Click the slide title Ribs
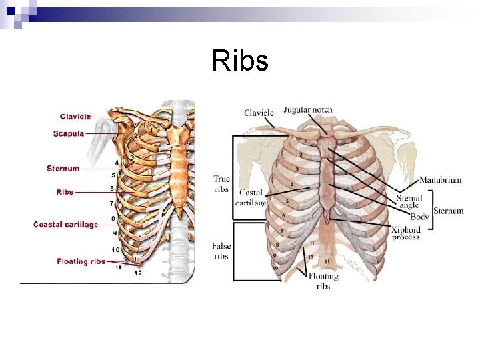(240, 61)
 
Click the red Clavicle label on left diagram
(75, 117)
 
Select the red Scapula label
(69, 133)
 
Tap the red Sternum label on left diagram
(63, 169)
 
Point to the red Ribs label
(65, 192)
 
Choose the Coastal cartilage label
(65, 225)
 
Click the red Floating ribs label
(81, 261)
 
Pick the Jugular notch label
(307, 110)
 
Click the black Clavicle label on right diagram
(259, 113)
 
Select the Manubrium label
(440, 180)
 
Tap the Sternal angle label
(409, 201)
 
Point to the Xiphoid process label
(406, 233)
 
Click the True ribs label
(222, 183)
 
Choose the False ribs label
(221, 251)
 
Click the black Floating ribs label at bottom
(323, 281)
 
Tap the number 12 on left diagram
(137, 273)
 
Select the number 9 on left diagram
(114, 233)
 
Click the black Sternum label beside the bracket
(448, 211)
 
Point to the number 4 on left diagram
(117, 162)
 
